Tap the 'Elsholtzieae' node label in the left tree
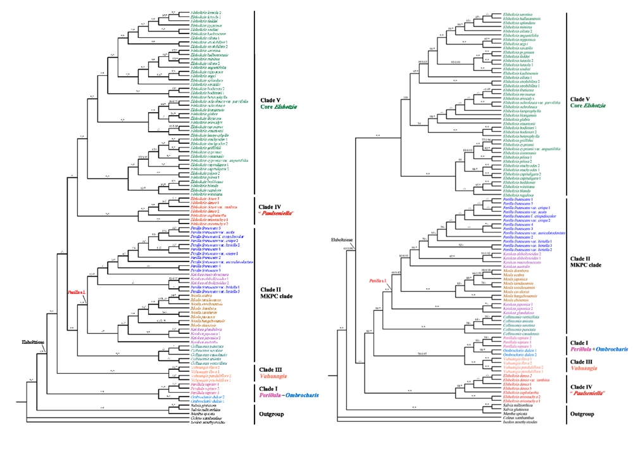click(32, 342)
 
